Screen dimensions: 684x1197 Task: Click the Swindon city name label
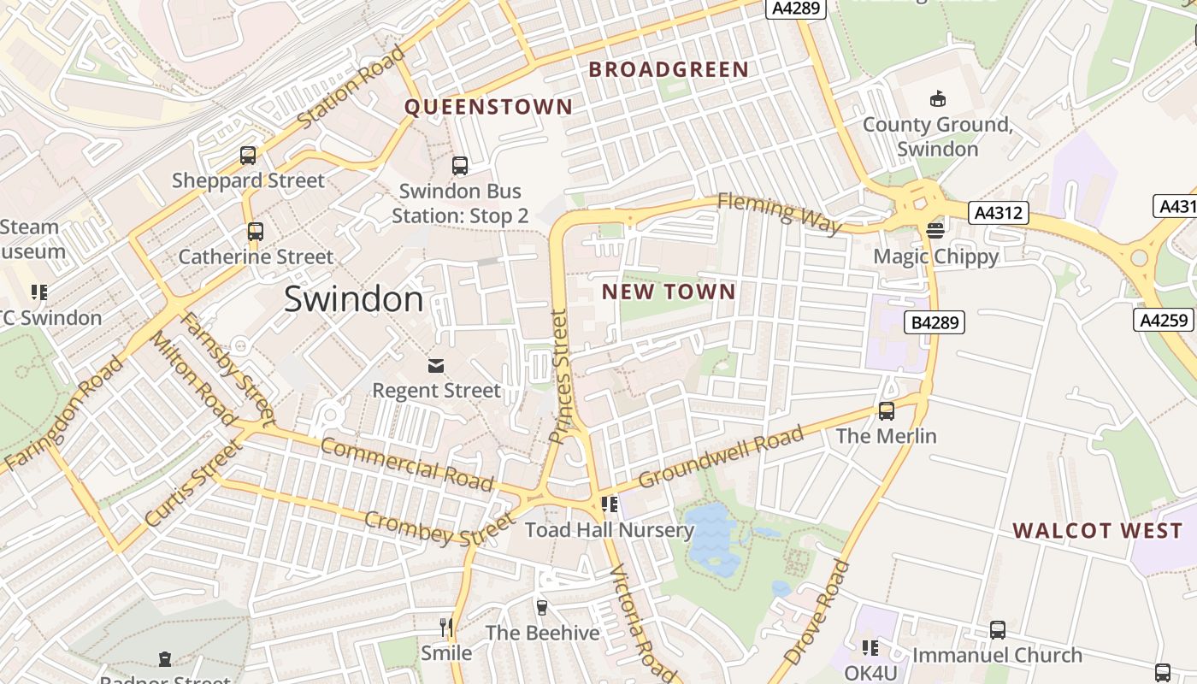353,299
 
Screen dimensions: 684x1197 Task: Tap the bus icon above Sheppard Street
248,156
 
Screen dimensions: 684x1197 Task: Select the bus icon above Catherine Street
255,232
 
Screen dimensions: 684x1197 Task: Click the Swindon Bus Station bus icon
460,166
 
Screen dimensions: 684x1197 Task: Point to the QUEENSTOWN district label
488,107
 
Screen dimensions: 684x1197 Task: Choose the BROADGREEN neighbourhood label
669,70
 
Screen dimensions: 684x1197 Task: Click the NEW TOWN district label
669,292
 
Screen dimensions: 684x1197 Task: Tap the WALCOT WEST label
1098,531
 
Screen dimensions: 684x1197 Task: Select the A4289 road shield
796,9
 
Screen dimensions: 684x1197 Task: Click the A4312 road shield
998,213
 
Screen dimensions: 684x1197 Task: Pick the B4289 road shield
935,322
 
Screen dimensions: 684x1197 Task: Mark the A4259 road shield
1165,320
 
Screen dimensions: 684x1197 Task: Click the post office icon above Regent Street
436,366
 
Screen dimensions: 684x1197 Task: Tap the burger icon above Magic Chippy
935,231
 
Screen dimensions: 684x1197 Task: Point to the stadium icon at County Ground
938,98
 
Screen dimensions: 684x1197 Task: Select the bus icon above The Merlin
887,411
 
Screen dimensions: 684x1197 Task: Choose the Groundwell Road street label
721,457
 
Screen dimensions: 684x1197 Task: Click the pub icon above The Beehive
541,608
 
